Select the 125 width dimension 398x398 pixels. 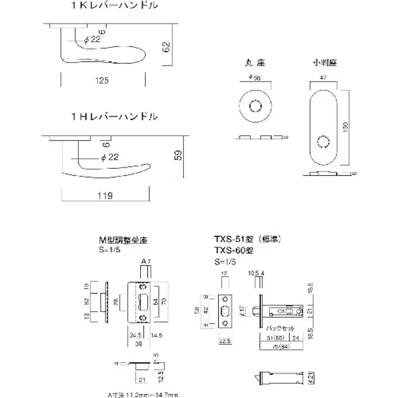pyautogui.click(x=101, y=81)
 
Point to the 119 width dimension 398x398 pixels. pyautogui.click(x=104, y=195)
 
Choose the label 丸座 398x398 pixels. pyautogui.click(x=254, y=63)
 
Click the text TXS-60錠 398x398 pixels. pyautogui.click(x=234, y=251)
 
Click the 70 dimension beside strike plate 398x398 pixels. pyautogui.click(x=164, y=302)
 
